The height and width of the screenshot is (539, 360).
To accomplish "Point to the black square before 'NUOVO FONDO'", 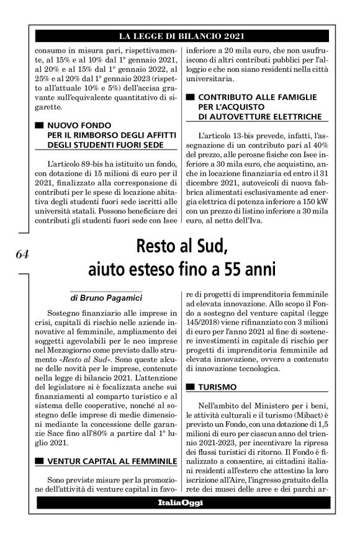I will pos(39,125).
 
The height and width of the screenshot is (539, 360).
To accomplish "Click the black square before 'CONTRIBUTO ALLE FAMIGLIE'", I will pos(190,97).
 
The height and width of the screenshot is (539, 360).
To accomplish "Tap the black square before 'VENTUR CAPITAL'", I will pos(39,461).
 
